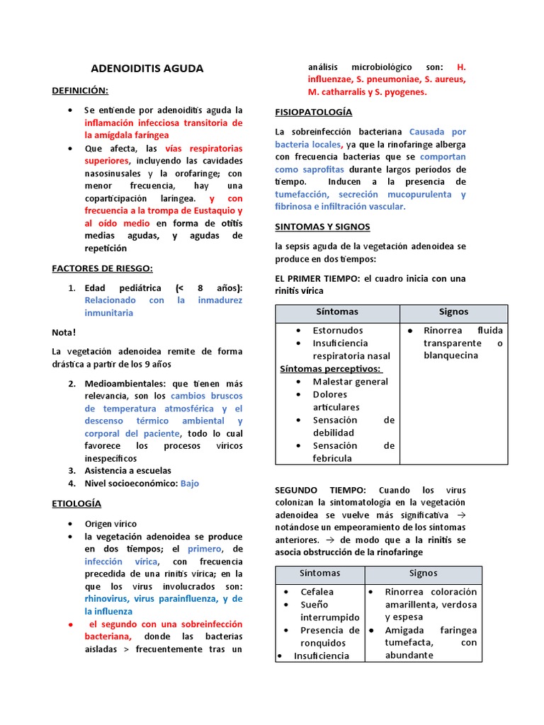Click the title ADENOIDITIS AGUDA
(147, 69)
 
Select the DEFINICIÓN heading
(80, 91)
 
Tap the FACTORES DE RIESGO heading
(102, 268)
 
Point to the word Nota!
(64, 332)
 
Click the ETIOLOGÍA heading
(76, 503)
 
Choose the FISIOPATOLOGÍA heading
(313, 112)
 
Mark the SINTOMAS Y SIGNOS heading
(322, 227)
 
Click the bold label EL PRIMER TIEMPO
(317, 278)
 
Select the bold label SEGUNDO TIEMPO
(319, 490)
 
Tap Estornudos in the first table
(338, 330)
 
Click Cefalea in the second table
(317, 591)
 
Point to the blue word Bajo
(190, 484)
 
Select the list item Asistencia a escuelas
(127, 470)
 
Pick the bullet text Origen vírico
(110, 524)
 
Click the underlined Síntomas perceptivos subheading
(331, 368)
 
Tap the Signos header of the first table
(453, 312)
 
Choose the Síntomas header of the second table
(319, 573)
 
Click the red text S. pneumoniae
(387, 79)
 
